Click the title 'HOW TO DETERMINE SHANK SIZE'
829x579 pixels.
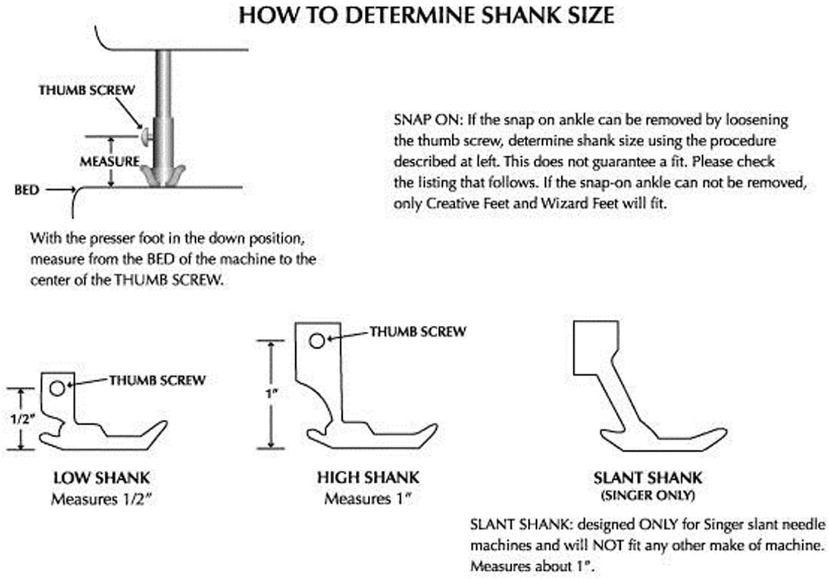[426, 15]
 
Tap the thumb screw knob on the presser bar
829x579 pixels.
[146, 136]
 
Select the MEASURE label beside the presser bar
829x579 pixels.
[110, 162]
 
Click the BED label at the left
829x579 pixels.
[27, 190]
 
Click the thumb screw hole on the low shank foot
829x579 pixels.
[57, 389]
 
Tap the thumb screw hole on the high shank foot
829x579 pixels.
[317, 341]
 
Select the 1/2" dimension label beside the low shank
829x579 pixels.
[23, 419]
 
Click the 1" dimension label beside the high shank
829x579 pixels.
[271, 394]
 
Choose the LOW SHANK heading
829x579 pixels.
[101, 478]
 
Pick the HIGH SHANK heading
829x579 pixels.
[368, 477]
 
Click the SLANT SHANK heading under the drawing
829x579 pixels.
[647, 478]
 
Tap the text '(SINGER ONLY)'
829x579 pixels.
[647, 495]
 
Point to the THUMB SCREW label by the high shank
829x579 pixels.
[418, 332]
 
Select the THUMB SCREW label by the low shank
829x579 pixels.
[157, 380]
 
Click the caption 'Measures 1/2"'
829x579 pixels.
[101, 499]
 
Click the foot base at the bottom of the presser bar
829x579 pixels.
[163, 175]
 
